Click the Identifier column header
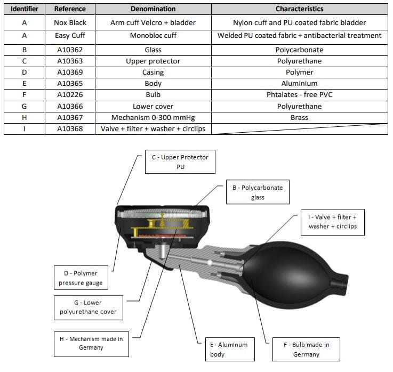tap(24, 9)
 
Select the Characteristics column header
tap(299, 9)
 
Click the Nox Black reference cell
tap(70, 23)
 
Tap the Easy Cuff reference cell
tap(70, 36)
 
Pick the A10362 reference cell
tap(70, 50)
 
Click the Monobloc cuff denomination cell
tap(153, 36)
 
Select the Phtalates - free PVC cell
tap(299, 95)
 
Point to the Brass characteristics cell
tap(299, 117)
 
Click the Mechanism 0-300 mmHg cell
tap(153, 117)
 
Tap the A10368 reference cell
tap(70, 129)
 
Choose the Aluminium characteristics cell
tap(299, 84)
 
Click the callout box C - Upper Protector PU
tap(180, 162)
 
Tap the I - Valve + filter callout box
tap(332, 222)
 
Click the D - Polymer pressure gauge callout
tap(82, 278)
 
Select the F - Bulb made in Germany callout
tap(306, 349)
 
